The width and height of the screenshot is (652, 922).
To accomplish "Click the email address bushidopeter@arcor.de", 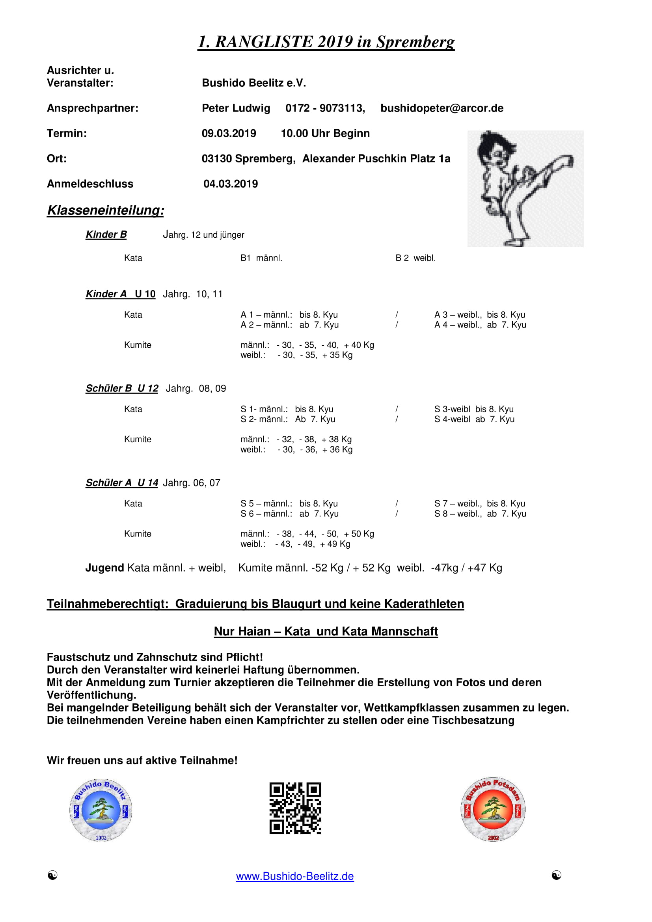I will pyautogui.click(x=441, y=108).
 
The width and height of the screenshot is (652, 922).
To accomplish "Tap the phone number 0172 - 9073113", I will pyautogui.click(x=325, y=108).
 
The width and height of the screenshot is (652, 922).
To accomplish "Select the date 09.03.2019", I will pyautogui.click(x=229, y=133).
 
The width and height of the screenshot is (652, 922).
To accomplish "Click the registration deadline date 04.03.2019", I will pyautogui.click(x=231, y=184).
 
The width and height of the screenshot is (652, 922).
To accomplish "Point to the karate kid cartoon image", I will pyautogui.click(x=525, y=188).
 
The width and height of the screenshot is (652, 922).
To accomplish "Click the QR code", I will pyautogui.click(x=295, y=808).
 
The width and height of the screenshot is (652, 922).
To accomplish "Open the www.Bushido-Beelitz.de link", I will pyautogui.click(x=295, y=876).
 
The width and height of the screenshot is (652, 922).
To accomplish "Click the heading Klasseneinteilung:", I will pyautogui.click(x=106, y=210).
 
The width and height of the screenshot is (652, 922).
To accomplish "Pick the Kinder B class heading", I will pyautogui.click(x=106, y=235).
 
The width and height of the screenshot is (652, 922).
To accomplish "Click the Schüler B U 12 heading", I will pyautogui.click(x=122, y=388).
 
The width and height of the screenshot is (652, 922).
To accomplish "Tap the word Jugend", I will pyautogui.click(x=104, y=568).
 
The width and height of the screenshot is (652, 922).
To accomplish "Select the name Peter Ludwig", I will pyautogui.click(x=236, y=108).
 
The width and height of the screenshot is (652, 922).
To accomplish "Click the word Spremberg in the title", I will pyautogui.click(x=415, y=42).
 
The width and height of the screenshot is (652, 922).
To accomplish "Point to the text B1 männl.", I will pyautogui.click(x=261, y=258).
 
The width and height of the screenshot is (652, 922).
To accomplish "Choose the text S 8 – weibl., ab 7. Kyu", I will pyautogui.click(x=480, y=514).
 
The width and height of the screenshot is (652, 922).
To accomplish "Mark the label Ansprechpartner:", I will pyautogui.click(x=92, y=108).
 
